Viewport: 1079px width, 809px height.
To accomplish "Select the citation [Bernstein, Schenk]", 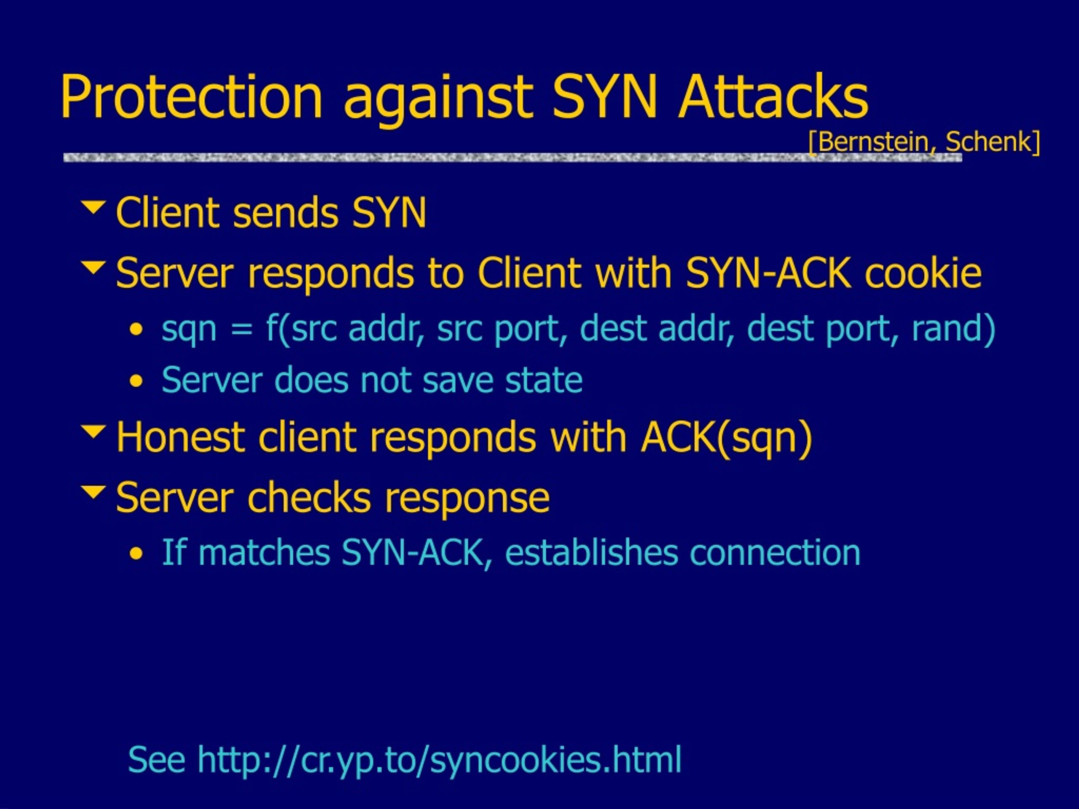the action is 924,142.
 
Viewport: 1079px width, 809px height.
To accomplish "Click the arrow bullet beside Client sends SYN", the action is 93,207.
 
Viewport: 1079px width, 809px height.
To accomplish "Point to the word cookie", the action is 923,273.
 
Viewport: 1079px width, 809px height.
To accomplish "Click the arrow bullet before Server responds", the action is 93,268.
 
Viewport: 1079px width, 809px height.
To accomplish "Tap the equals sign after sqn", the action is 242,328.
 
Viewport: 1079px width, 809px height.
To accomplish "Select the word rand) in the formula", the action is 953,328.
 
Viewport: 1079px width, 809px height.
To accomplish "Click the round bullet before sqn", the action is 137,329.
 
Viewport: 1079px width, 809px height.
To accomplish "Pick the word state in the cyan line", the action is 543,380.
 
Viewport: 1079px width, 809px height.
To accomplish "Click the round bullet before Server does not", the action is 137,381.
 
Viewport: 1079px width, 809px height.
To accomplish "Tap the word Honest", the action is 180,437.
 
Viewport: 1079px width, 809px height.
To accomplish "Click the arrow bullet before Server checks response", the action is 93,492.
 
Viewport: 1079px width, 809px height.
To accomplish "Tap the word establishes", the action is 591,552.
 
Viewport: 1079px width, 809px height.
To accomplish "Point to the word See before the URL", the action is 157,760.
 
